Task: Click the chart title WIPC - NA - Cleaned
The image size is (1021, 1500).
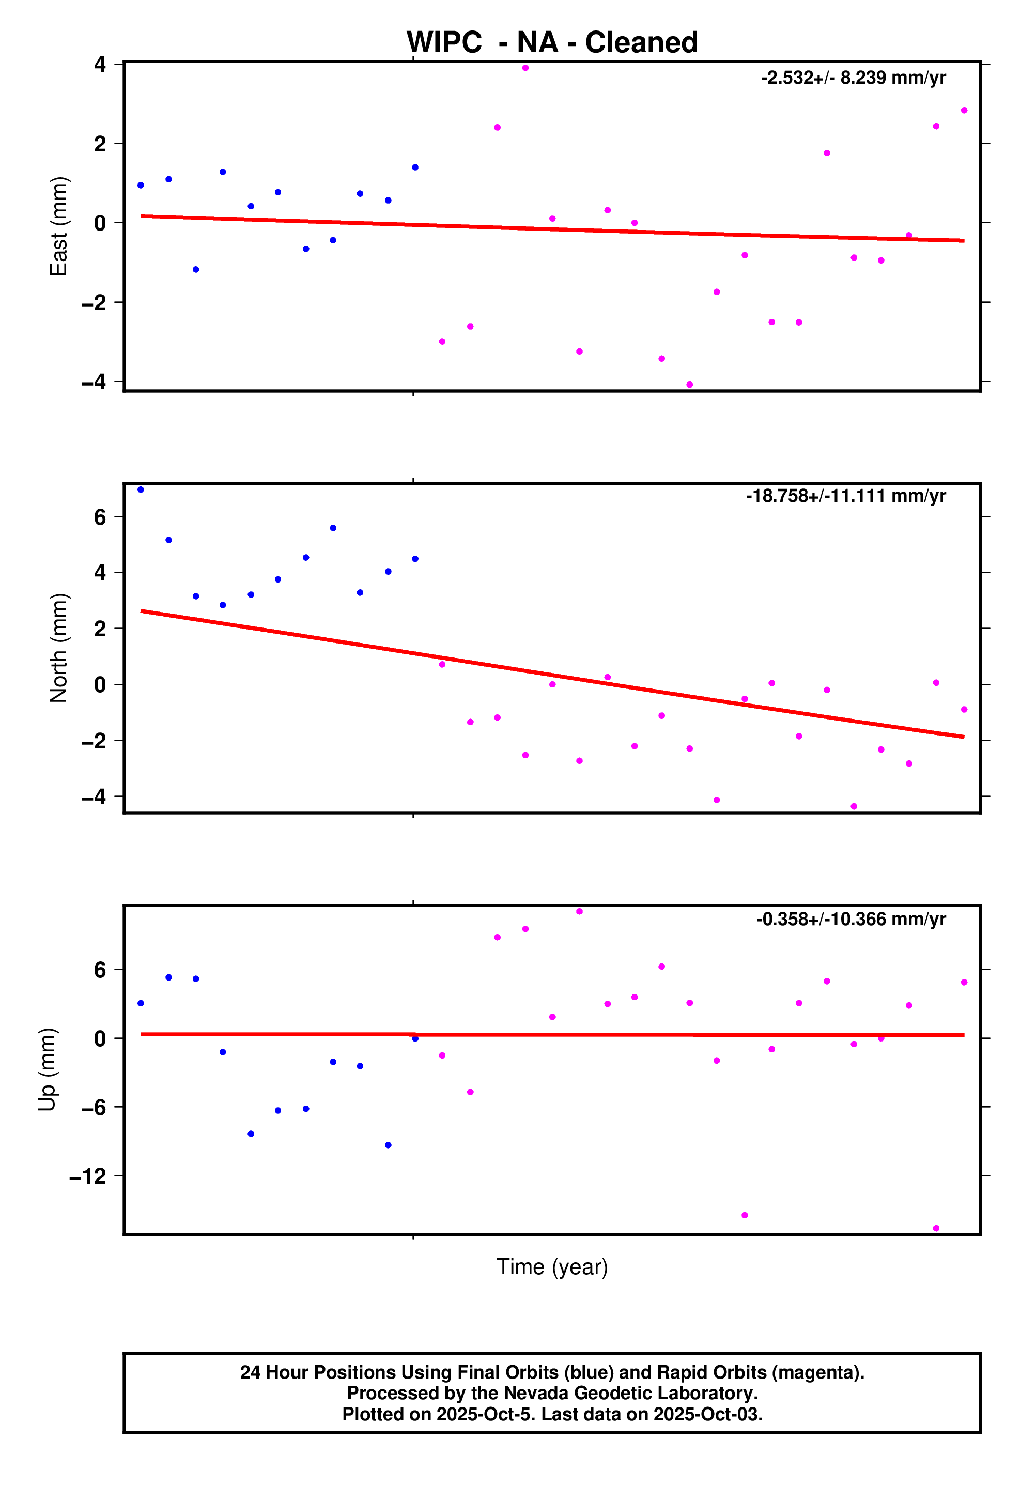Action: pos(552,42)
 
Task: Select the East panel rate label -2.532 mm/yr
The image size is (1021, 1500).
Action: pos(853,78)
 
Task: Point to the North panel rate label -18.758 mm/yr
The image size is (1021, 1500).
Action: pos(845,496)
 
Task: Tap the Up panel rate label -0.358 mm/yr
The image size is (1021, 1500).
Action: pos(850,919)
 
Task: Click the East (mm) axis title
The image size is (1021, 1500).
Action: pos(59,226)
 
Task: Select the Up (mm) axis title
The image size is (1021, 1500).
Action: pos(47,1069)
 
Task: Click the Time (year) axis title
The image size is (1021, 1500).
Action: pos(552,1266)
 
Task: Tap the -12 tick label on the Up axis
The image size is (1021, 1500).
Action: pos(88,1176)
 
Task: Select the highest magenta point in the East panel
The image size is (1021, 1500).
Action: pos(525,68)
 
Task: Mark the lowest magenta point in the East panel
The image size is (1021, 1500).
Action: pos(689,385)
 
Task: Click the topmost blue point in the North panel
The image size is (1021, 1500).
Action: pos(141,490)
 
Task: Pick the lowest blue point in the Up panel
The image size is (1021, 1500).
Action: pos(388,1145)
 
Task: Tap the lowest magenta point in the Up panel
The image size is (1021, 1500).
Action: pos(936,1228)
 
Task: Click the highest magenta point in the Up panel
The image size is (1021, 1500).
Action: pos(580,911)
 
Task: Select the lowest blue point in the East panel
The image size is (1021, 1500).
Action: pos(195,270)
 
